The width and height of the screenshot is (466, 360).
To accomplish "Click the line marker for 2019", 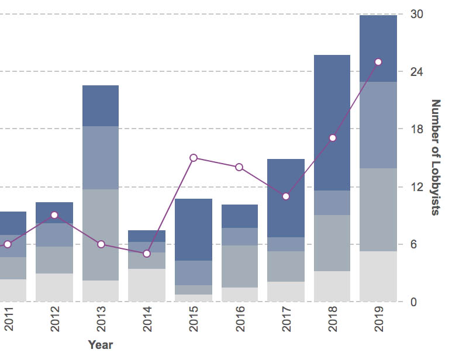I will pos(378,62).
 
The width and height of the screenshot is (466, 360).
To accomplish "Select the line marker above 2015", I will pos(194,158).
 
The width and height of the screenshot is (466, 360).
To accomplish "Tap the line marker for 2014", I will pos(147,254).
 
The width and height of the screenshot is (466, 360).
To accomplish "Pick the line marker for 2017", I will pos(286,196).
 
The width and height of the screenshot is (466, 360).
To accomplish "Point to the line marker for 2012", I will pos(54,215).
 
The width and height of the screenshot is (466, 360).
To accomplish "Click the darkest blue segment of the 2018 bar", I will pos(332,123).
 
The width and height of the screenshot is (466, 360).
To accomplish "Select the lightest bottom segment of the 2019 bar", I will pos(378,276).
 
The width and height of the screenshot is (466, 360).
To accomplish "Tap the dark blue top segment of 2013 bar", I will pos(101,106).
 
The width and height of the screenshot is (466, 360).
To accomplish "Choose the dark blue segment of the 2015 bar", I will pos(194,230).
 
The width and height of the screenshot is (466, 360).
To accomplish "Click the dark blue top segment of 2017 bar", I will pos(286,198).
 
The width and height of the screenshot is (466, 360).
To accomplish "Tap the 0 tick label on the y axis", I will pos(413,302).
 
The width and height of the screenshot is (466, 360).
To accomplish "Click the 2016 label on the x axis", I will pos(240,322).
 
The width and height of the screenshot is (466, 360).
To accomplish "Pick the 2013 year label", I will pos(101,322).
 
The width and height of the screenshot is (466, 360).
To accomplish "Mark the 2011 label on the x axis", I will pos(9,322).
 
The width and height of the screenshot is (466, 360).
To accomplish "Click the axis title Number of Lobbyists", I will pos(436,157).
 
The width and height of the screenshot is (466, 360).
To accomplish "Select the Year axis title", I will pos(101,345).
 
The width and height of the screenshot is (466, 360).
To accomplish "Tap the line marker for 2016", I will pos(240,167).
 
